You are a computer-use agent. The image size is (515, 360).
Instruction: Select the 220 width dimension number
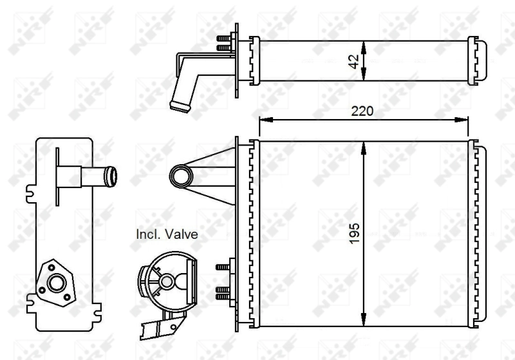362,110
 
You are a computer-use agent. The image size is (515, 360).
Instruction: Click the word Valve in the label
180,234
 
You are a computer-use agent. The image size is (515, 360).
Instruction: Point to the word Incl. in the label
147,234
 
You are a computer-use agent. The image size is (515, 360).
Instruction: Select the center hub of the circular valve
167,281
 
